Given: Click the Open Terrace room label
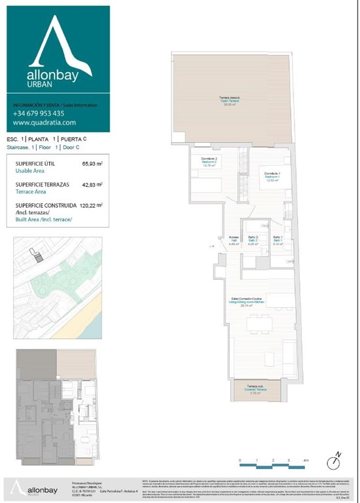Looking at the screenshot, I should click(228, 101).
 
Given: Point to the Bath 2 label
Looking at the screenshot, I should click(253, 240).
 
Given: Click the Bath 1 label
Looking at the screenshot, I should click(278, 240).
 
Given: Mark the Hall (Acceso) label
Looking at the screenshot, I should click(234, 240).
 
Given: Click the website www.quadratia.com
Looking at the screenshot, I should click(45, 122).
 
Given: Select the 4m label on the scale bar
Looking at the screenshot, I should click(306, 460).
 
